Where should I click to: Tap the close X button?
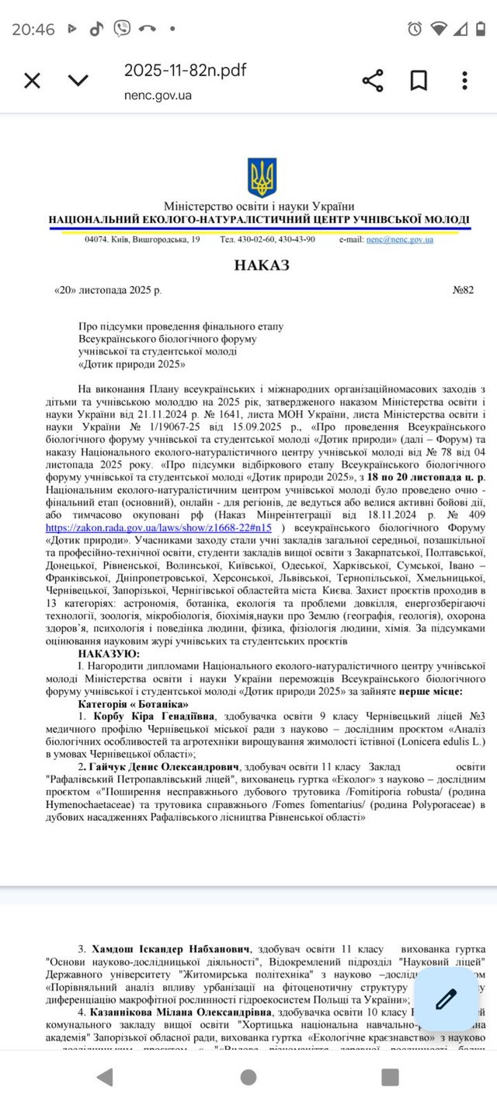pos(32,81)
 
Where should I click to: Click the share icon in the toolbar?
pos(373,81)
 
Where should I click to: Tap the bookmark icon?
pos(419,81)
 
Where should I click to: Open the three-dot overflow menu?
pos(464,81)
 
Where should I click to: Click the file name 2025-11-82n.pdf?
pos(185,71)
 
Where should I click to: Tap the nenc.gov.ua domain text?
pos(158,96)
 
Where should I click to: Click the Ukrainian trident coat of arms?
pos(262,178)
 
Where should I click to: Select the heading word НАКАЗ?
pos(261,266)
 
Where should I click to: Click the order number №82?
pos(463,291)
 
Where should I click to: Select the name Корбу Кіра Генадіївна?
pos(155,716)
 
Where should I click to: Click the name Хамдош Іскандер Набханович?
pos(172,950)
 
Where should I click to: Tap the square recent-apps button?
pos(390,1076)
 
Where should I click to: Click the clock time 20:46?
pos(33,30)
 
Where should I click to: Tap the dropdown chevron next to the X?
pos(78,81)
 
